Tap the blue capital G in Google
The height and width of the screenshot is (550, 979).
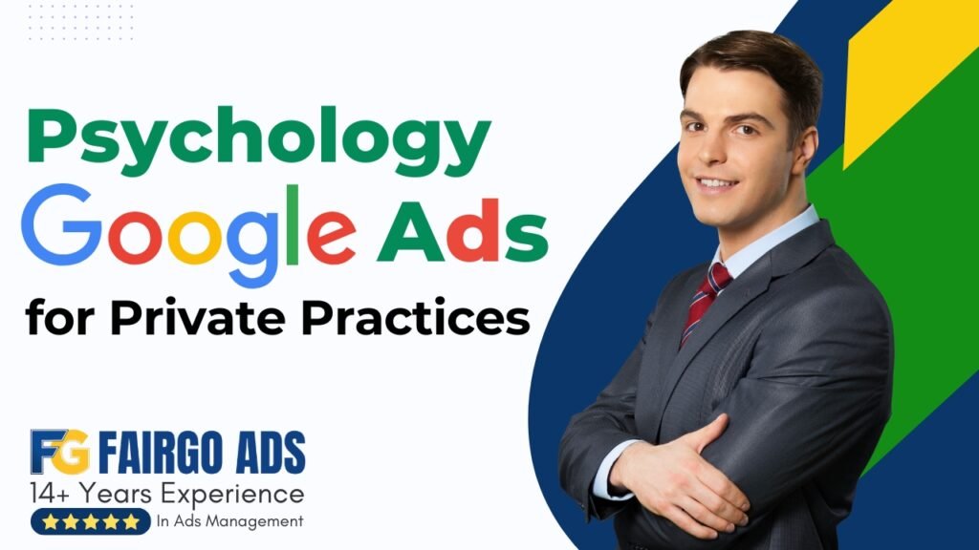pos(67,226)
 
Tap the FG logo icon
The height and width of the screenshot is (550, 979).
pos(59,452)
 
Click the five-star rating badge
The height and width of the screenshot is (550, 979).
pos(90,521)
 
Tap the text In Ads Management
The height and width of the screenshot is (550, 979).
pos(229,521)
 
